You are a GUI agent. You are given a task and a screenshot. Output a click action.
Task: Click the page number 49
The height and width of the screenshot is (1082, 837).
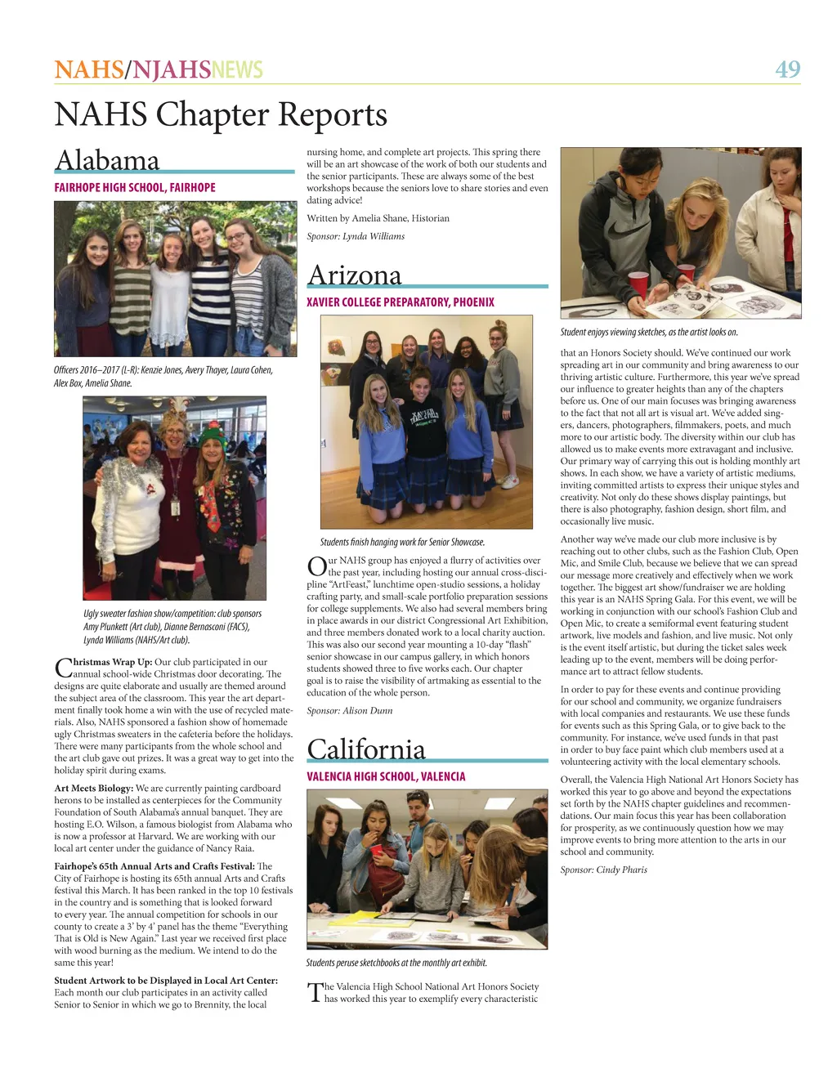click(x=787, y=69)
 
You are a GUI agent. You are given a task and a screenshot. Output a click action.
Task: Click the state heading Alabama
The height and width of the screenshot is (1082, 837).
click(x=107, y=160)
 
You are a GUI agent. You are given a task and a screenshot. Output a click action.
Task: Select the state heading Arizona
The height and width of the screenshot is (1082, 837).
click(x=354, y=275)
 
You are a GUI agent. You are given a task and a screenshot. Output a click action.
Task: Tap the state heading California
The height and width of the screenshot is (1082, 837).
click(x=366, y=749)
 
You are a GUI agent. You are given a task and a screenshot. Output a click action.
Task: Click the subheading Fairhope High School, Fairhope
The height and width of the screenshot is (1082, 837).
click(x=135, y=188)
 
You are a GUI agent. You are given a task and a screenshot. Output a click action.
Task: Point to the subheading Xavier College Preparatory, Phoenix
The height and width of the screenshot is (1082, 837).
click(x=401, y=302)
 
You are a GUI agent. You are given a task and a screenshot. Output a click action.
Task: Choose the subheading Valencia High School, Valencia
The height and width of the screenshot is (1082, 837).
click(x=386, y=776)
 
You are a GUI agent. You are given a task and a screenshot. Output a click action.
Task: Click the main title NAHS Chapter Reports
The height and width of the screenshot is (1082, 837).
click(x=221, y=114)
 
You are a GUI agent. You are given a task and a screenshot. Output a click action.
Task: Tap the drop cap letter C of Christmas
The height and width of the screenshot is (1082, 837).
click(x=62, y=668)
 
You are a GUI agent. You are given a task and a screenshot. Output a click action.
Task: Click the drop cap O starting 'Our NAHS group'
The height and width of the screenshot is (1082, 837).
click(x=316, y=566)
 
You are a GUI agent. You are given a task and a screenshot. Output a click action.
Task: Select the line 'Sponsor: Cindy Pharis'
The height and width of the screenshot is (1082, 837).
click(x=603, y=870)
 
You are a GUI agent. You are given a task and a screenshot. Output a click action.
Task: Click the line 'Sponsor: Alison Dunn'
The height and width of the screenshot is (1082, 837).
click(x=349, y=711)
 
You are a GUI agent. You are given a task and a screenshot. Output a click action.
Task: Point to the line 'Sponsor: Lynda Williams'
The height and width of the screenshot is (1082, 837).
click(x=356, y=236)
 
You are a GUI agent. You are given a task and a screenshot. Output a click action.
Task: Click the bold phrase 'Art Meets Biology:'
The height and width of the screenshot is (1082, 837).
click(x=88, y=789)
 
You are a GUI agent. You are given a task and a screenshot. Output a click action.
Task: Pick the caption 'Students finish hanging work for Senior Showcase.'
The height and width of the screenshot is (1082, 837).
click(x=402, y=542)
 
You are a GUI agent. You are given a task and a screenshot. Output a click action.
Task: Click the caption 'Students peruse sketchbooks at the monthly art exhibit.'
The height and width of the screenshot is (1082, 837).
click(x=396, y=963)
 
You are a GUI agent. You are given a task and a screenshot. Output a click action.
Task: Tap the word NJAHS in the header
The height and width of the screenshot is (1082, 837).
click(x=171, y=69)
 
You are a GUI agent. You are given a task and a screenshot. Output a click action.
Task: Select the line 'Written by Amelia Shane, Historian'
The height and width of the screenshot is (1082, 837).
click(x=378, y=218)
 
